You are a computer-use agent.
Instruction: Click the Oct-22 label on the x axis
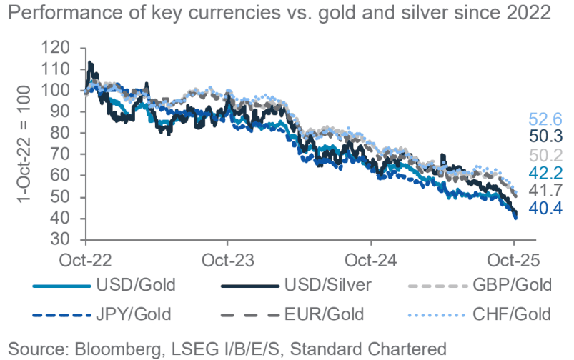click(x=84, y=258)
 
